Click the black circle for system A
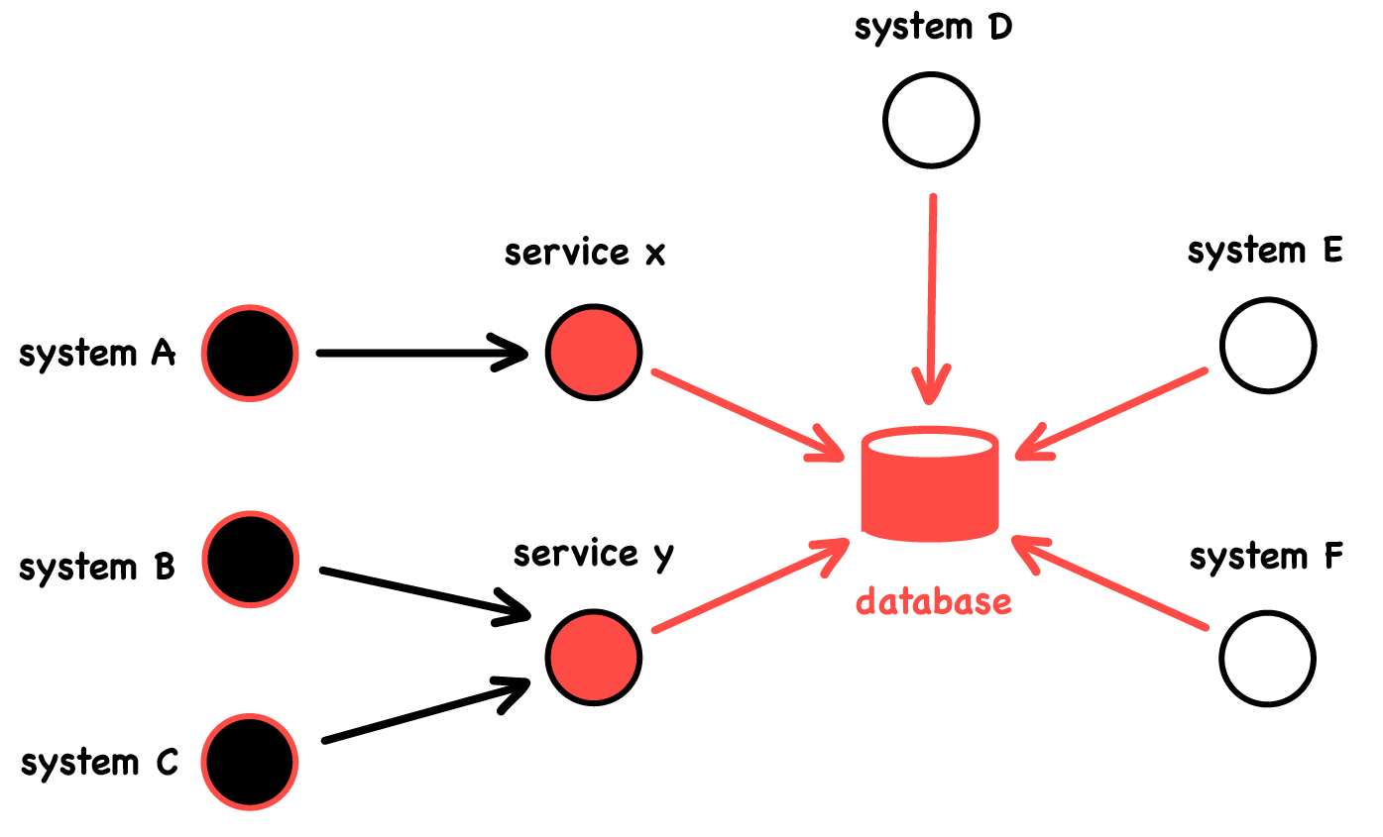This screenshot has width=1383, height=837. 249,353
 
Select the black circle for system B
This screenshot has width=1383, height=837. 249,559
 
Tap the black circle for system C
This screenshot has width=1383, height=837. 249,761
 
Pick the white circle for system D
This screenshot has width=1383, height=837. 931,121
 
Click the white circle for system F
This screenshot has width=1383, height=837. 1267,659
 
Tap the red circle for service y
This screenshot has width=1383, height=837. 594,657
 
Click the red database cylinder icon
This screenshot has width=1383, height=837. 930,485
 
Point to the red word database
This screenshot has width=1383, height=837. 933,601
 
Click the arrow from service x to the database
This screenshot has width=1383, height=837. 744,413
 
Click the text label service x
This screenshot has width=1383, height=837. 585,254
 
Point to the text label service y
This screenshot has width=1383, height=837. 593,554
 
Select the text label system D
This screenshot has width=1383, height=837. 933,28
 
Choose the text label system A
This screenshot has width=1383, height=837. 97,354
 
